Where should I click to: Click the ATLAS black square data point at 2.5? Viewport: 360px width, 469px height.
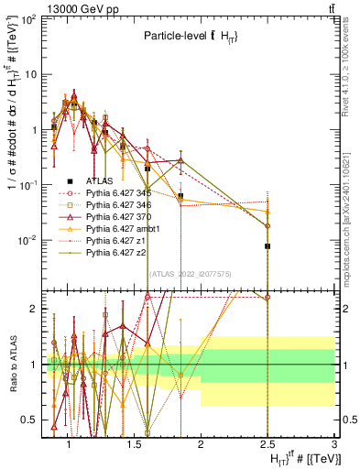pos(267,246)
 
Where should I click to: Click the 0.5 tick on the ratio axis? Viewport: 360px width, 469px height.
pos(31,420)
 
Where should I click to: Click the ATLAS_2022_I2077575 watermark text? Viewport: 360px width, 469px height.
pos(190,275)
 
